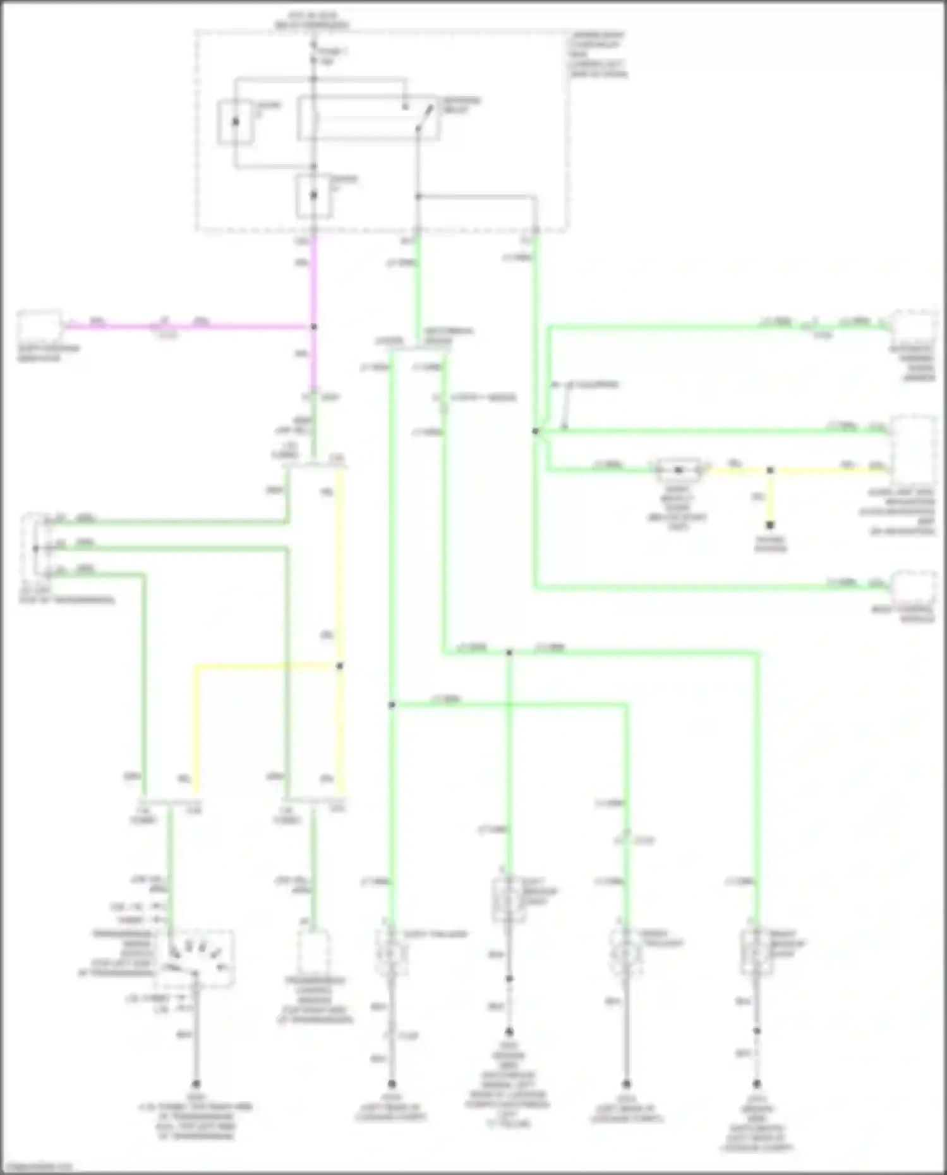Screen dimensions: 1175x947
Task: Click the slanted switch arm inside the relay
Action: click(x=424, y=118)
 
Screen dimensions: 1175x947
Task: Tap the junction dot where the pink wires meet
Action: click(x=313, y=327)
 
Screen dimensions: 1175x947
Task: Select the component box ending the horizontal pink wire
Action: click(x=39, y=326)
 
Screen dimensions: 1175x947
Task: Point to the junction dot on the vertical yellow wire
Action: click(x=340, y=665)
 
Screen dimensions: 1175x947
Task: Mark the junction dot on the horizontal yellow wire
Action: click(x=770, y=470)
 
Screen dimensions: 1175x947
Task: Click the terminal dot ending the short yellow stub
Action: click(x=770, y=525)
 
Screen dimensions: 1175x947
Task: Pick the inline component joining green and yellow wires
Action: click(x=679, y=470)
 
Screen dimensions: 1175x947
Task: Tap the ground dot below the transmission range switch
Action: click(x=196, y=1083)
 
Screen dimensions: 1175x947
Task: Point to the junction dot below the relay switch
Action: click(x=418, y=197)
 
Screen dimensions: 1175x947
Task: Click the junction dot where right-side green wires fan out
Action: click(x=535, y=431)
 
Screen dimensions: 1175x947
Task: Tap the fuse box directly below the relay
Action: click(x=313, y=195)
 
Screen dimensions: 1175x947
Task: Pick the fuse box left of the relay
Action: click(x=236, y=121)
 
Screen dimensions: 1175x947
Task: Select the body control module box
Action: click(x=914, y=589)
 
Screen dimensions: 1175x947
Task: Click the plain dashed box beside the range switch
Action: click(x=314, y=952)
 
